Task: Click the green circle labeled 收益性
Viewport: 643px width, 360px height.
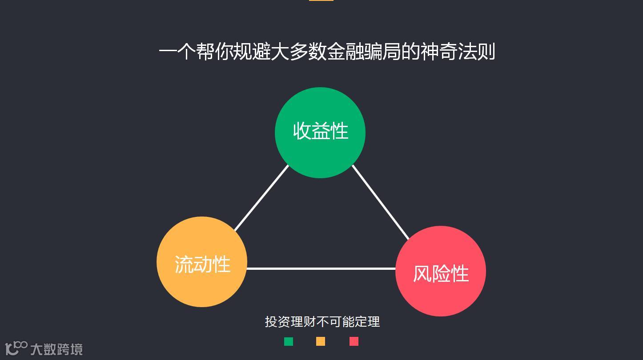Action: point(320,132)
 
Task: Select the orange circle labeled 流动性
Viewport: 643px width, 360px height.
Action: point(202,262)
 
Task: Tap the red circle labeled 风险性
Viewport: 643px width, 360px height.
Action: point(440,271)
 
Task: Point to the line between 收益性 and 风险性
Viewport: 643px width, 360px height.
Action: point(380,202)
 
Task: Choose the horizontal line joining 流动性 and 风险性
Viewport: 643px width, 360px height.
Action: point(321,268)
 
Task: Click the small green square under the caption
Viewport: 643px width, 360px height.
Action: point(289,341)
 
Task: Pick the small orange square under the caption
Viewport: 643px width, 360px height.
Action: point(321,341)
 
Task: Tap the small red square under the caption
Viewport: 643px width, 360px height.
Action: point(354,341)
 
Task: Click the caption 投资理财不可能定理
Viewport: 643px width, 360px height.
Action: point(322,321)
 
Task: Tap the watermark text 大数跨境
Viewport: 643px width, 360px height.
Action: point(56,349)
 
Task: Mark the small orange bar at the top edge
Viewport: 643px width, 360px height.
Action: point(321,0)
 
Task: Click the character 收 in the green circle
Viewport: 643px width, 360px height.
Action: point(302,131)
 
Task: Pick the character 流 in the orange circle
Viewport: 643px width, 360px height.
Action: point(184,264)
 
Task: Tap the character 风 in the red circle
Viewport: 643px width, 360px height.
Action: point(422,273)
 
